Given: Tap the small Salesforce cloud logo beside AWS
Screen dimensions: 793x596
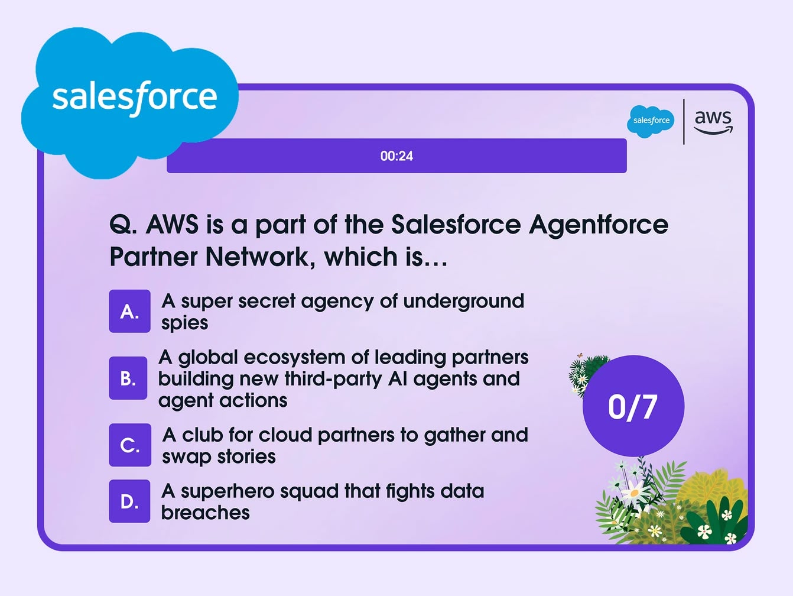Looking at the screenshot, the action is pos(651,121).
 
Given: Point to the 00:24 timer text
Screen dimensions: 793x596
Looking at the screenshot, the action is pos(396,156).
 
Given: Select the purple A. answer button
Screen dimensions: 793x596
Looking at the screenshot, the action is pos(129,311).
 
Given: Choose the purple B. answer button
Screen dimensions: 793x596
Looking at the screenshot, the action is pos(128,378).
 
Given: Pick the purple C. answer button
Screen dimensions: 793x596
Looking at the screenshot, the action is pos(130,445).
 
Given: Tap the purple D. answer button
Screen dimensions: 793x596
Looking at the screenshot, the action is pos(129,501).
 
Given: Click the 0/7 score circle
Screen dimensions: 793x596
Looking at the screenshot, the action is pos(633,406).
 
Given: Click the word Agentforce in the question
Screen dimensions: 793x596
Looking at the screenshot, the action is pos(599,225).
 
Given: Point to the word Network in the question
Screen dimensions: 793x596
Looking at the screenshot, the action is pos(258,257).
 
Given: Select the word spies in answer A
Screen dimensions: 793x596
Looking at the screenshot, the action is pos(184,323).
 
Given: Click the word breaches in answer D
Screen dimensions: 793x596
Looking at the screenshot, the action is pos(205,513).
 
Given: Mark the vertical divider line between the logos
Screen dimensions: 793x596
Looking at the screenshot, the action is pos(684,122).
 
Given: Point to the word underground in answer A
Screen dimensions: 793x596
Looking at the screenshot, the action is pos(463,302).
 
